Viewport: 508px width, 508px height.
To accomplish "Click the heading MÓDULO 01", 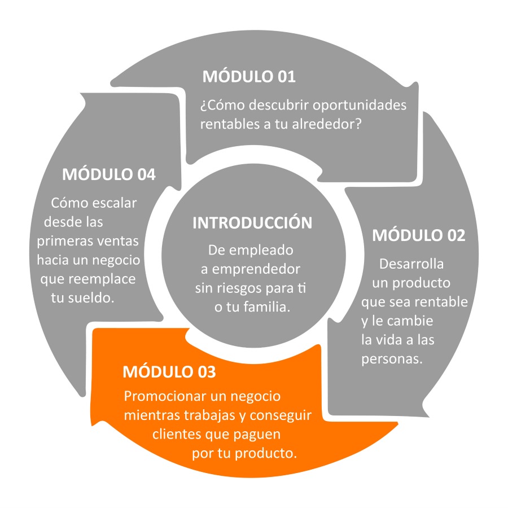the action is (x=249, y=76).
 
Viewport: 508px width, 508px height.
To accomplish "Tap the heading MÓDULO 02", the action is (x=419, y=235).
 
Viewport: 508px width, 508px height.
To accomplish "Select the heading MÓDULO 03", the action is (x=169, y=371).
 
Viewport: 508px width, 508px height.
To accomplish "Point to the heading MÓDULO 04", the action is (x=109, y=174).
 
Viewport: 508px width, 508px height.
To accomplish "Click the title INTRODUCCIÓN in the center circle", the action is (x=252, y=222).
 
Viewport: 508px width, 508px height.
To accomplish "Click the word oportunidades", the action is (x=360, y=106).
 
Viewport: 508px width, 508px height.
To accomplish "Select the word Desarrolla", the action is (x=411, y=264).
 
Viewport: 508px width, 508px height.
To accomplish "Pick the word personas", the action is (x=392, y=360).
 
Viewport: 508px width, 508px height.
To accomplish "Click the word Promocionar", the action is (x=165, y=396).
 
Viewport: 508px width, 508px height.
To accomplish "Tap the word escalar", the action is (x=115, y=203).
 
